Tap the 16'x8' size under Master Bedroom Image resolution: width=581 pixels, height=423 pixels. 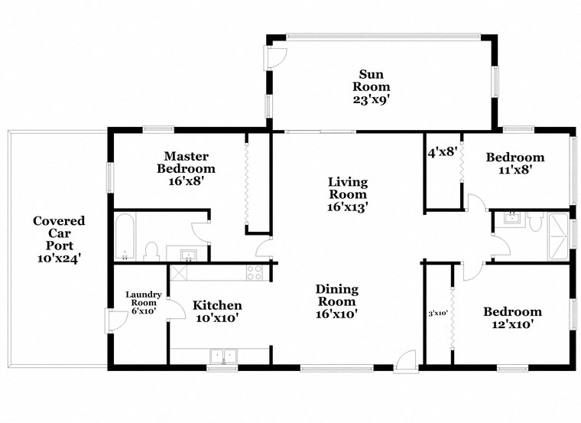click(x=186, y=181)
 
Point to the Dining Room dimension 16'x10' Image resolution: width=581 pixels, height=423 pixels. click(x=337, y=313)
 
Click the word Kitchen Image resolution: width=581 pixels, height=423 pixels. click(x=217, y=304)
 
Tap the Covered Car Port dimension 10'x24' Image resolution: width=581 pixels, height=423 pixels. click(x=58, y=259)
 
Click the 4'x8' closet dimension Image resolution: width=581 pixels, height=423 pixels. click(x=443, y=152)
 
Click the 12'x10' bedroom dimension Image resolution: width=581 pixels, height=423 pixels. click(x=511, y=324)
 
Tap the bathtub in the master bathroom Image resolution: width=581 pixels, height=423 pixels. click(x=125, y=236)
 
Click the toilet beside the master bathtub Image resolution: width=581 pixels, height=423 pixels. click(x=151, y=252)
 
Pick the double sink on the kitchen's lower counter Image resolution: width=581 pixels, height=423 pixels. click(x=223, y=356)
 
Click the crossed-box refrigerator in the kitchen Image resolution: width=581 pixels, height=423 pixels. click(x=180, y=272)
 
